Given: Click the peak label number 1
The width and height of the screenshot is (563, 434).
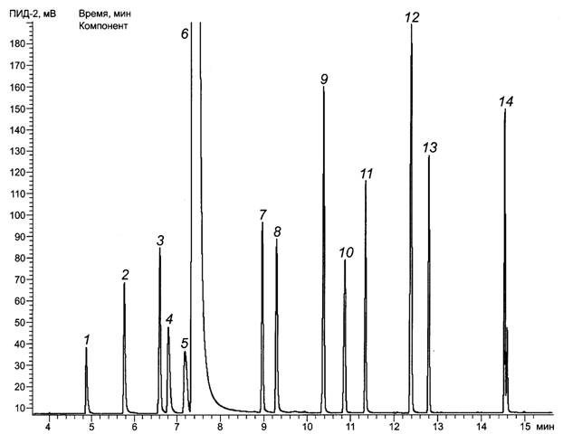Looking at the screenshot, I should (x=87, y=339).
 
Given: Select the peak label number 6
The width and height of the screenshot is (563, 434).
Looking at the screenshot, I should (x=185, y=33).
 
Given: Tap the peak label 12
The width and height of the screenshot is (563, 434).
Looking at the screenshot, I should (x=413, y=17).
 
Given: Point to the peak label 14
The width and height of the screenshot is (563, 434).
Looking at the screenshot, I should (x=507, y=102).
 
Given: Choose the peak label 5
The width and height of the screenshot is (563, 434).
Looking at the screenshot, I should (x=185, y=344).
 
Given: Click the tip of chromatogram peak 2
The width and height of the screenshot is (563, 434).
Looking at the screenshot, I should (x=125, y=284).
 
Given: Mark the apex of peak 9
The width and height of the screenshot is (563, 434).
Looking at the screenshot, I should (x=324, y=89).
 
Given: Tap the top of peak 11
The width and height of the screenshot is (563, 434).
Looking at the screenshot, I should (x=366, y=182).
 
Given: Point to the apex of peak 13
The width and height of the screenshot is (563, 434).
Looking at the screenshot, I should (x=429, y=156).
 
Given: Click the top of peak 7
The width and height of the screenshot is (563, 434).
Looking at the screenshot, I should (x=262, y=223).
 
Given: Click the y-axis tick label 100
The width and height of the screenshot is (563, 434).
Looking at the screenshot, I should (x=17, y=216).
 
